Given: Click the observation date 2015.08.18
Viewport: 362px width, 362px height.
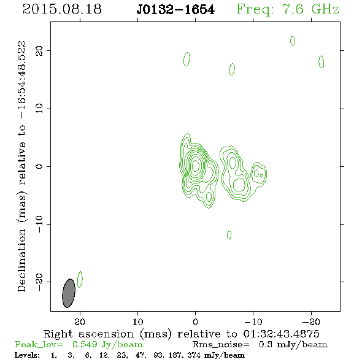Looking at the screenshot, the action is pyautogui.click(x=62, y=9).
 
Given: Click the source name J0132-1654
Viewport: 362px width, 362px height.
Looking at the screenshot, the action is pyautogui.click(x=175, y=10).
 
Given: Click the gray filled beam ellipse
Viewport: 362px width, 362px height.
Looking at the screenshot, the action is pyautogui.click(x=69, y=293).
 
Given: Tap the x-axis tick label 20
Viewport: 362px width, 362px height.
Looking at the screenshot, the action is pyautogui.click(x=80, y=322).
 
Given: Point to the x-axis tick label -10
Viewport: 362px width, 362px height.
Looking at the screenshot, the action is pyautogui.click(x=253, y=322).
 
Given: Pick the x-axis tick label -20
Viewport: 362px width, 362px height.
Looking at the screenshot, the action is pyautogui.click(x=311, y=322).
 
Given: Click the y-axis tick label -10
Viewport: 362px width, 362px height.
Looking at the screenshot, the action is pyautogui.click(x=39, y=224).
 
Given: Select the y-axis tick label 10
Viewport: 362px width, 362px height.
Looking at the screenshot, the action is pyautogui.click(x=39, y=109).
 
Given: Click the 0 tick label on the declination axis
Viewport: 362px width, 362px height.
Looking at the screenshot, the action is pyautogui.click(x=39, y=166).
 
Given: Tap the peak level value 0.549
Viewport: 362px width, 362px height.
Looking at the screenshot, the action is pyautogui.click(x=85, y=344).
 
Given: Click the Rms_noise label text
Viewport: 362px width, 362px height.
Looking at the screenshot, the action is pyautogui.click(x=221, y=345).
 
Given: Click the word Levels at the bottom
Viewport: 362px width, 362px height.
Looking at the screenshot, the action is pyautogui.click(x=27, y=355).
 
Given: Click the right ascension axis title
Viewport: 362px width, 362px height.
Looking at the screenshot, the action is pyautogui.click(x=181, y=334).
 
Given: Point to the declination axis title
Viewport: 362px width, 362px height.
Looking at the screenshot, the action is pyautogui.click(x=22, y=166).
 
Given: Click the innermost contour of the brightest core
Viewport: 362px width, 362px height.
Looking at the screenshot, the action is pyautogui.click(x=196, y=165).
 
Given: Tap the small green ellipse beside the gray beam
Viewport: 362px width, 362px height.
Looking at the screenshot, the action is pyautogui.click(x=80, y=279).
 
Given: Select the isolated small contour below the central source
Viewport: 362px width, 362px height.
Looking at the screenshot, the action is pyautogui.click(x=229, y=235).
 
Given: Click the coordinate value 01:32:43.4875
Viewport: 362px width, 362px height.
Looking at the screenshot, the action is pyautogui.click(x=281, y=334).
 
